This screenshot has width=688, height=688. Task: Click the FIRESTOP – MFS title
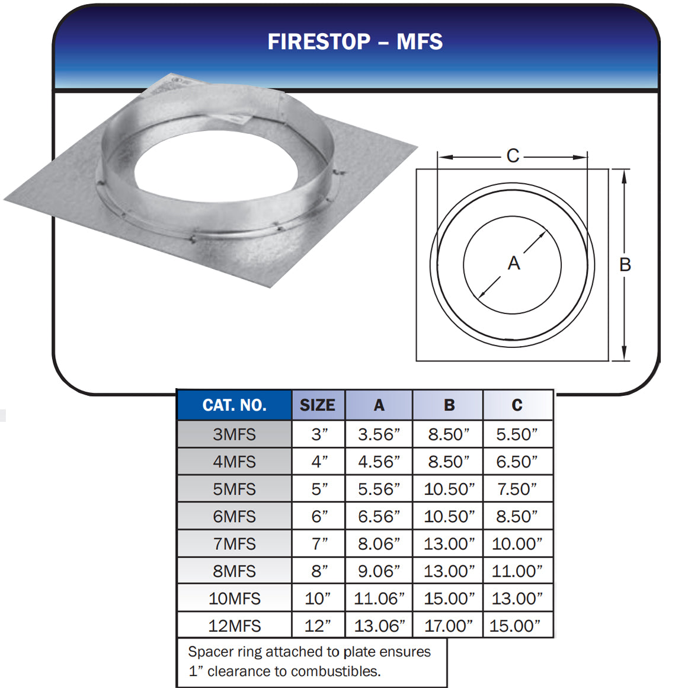[355, 41]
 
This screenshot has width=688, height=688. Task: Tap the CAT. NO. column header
[234, 405]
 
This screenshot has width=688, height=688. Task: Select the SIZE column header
[318, 405]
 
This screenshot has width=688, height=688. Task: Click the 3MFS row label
[234, 434]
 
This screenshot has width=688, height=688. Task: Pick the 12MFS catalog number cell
[234, 626]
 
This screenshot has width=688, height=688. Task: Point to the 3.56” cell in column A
[379, 434]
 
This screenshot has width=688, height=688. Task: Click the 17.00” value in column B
[449, 626]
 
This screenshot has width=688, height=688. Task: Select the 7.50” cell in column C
[517, 489]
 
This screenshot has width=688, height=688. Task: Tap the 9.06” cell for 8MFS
[379, 571]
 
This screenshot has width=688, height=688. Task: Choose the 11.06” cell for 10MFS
[379, 599]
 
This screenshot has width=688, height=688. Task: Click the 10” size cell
[318, 599]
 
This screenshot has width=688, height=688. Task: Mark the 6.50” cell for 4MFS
[517, 462]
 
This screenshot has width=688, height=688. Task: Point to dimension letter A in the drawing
[514, 263]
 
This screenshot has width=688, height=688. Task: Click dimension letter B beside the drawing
[625, 265]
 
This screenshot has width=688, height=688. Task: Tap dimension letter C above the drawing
[513, 156]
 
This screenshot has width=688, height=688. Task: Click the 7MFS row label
[234, 544]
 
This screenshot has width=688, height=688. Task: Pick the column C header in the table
[517, 405]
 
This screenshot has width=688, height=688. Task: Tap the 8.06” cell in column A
[379, 544]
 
